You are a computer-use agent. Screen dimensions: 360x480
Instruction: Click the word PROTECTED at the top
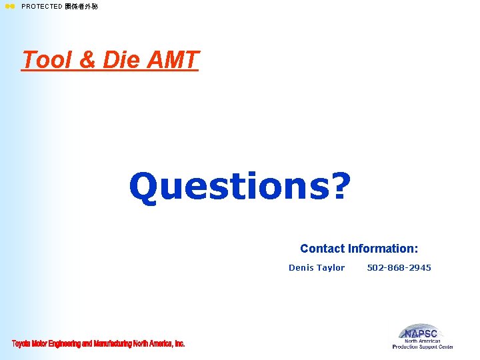(x=41, y=7)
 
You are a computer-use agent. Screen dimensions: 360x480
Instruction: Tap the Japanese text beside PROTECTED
(x=81, y=7)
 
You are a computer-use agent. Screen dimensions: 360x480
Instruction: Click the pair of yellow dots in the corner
(x=9, y=7)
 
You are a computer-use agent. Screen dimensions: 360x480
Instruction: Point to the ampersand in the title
(x=88, y=60)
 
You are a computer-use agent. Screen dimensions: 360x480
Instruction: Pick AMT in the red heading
(x=172, y=60)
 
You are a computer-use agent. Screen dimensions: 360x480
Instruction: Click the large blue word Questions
(x=227, y=187)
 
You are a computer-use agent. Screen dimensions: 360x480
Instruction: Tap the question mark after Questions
(x=339, y=187)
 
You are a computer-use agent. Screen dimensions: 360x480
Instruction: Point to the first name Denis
(x=301, y=268)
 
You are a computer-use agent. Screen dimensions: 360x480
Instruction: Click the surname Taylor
(x=331, y=268)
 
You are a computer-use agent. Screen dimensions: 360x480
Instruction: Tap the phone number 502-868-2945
(x=399, y=268)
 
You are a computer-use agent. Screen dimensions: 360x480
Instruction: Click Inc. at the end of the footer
(x=179, y=344)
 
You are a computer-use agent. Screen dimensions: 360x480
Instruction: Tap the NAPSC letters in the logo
(x=421, y=333)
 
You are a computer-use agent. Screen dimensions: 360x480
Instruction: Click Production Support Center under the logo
(x=423, y=347)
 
